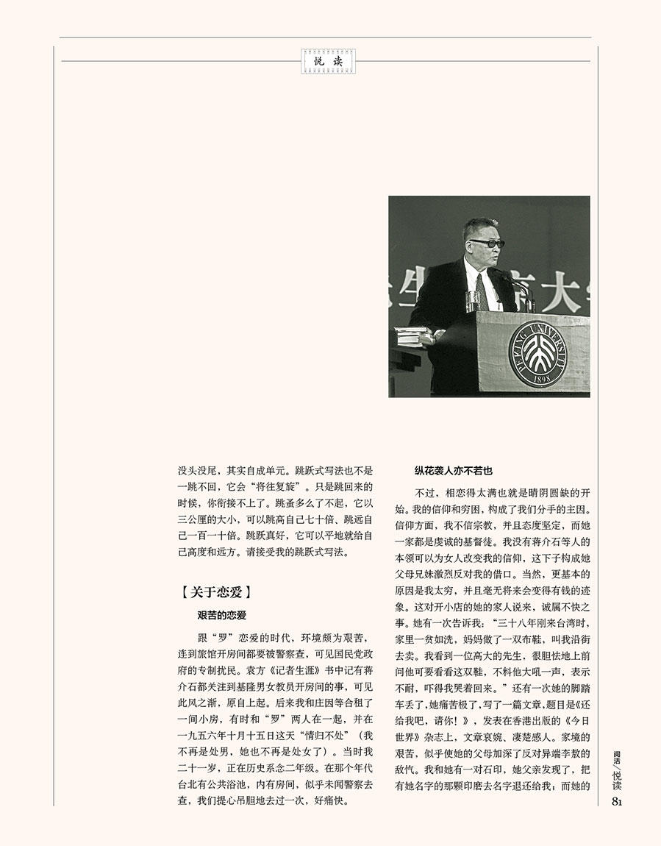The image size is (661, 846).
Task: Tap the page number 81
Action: [618, 801]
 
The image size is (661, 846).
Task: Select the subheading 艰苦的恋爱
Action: [221, 614]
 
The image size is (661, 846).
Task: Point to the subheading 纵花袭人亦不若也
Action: [453, 470]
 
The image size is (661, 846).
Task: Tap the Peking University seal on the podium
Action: [538, 354]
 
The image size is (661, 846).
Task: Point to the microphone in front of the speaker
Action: [510, 280]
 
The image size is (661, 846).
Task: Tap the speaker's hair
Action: [482, 223]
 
